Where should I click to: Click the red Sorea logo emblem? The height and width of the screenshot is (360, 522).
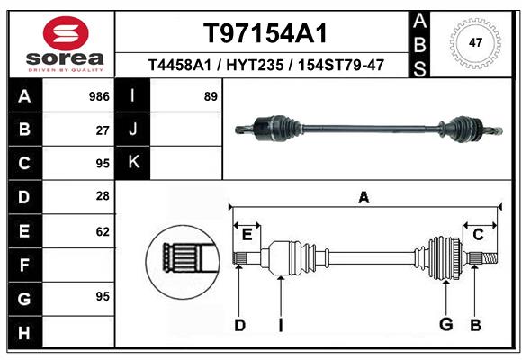tap(66, 33)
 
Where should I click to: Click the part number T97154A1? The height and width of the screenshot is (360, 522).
tap(265, 33)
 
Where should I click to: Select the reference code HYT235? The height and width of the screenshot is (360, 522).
tap(255, 65)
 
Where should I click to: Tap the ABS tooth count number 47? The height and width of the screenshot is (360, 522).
tap(475, 42)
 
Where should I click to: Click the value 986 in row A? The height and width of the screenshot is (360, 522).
tap(99, 96)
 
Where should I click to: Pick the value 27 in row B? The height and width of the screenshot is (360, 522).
tap(103, 130)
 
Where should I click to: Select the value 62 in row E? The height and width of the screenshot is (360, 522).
tap(103, 231)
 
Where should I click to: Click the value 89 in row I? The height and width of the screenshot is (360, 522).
tap(211, 96)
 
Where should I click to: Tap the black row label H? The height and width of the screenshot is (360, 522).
tap(25, 332)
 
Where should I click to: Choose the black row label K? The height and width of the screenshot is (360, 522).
tap(132, 163)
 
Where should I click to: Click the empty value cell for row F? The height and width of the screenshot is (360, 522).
tap(78, 265)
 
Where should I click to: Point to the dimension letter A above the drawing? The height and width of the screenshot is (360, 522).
tap(364, 197)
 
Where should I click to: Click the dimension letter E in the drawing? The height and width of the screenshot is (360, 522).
tap(247, 235)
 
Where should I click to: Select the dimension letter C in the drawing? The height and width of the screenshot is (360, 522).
tap(478, 235)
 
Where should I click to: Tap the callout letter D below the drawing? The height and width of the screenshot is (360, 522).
tap(239, 325)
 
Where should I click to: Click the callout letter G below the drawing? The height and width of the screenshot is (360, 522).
tap(445, 324)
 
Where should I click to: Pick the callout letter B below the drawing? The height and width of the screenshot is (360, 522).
tap(475, 325)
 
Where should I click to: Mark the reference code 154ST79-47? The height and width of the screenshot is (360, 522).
tap(341, 65)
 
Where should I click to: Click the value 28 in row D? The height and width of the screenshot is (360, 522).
tap(103, 196)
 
